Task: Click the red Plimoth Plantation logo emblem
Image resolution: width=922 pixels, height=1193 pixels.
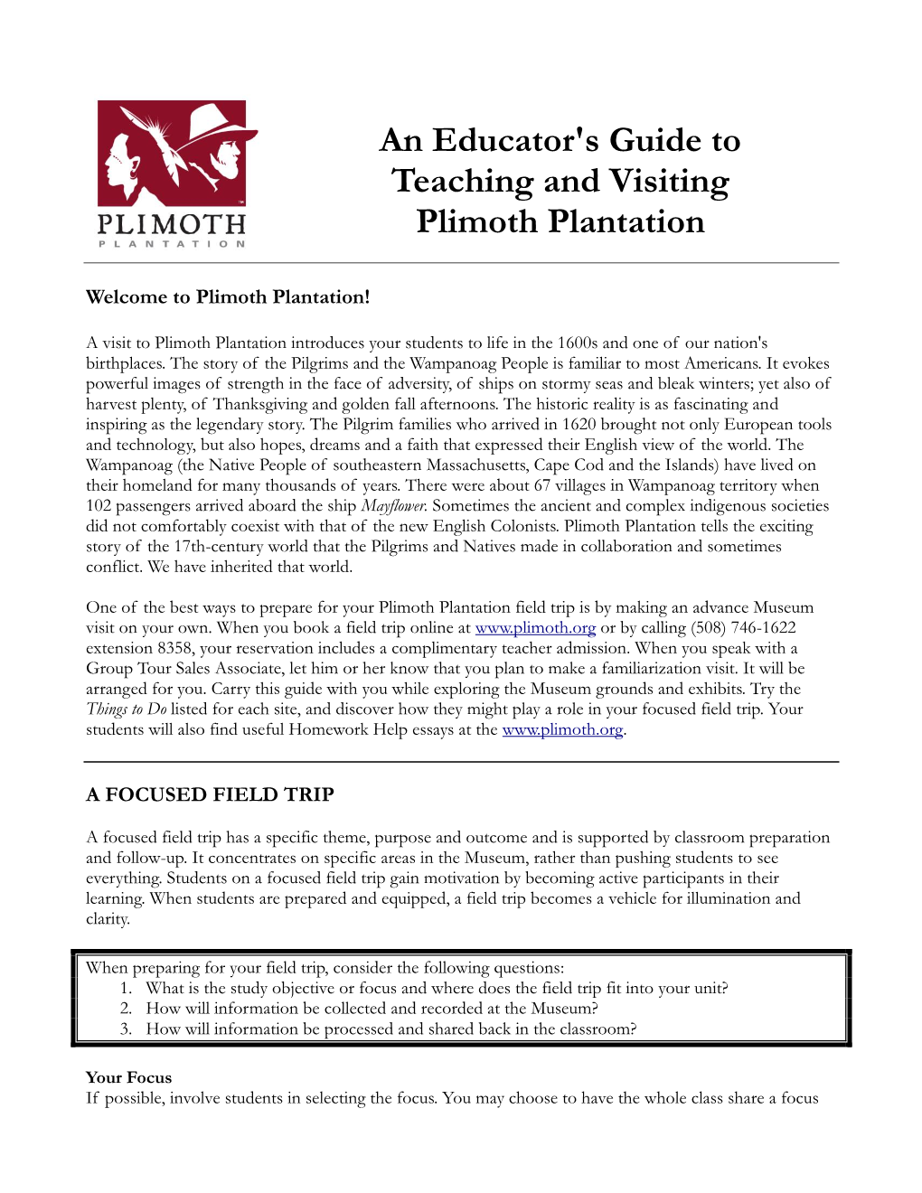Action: point(172,154)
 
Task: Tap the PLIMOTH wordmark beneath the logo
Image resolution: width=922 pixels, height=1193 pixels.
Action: point(172,224)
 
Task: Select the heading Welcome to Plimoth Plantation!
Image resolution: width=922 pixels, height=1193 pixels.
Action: point(228,297)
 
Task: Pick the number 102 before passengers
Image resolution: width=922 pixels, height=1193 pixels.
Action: point(99,506)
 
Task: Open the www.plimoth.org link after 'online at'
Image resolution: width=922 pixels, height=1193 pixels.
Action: point(535,628)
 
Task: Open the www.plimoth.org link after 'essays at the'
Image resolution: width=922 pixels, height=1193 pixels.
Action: point(562,730)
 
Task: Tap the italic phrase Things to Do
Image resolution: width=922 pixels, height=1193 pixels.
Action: point(126,709)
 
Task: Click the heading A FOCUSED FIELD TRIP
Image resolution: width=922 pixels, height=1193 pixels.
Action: point(210,794)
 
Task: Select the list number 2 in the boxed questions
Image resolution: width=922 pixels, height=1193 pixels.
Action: point(126,1009)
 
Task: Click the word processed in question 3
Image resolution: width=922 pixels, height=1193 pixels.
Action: point(358,1029)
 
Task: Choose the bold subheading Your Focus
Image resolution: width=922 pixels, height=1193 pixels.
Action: point(128,1077)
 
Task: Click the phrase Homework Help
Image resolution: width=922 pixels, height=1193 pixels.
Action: point(348,730)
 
